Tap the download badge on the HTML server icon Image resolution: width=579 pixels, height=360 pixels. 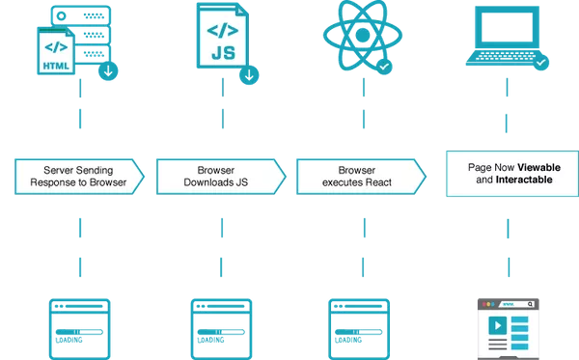108,69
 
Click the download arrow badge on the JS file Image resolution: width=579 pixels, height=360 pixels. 250,73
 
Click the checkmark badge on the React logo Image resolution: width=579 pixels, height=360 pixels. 384,67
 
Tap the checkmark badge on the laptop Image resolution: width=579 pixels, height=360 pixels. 541,63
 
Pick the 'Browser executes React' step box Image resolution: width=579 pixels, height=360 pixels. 361,175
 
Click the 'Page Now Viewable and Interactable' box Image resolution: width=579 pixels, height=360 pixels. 511,174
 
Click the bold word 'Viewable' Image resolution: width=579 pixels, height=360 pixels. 539,167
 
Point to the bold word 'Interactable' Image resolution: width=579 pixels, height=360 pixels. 524,180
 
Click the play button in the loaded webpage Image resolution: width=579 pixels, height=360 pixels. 494,326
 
